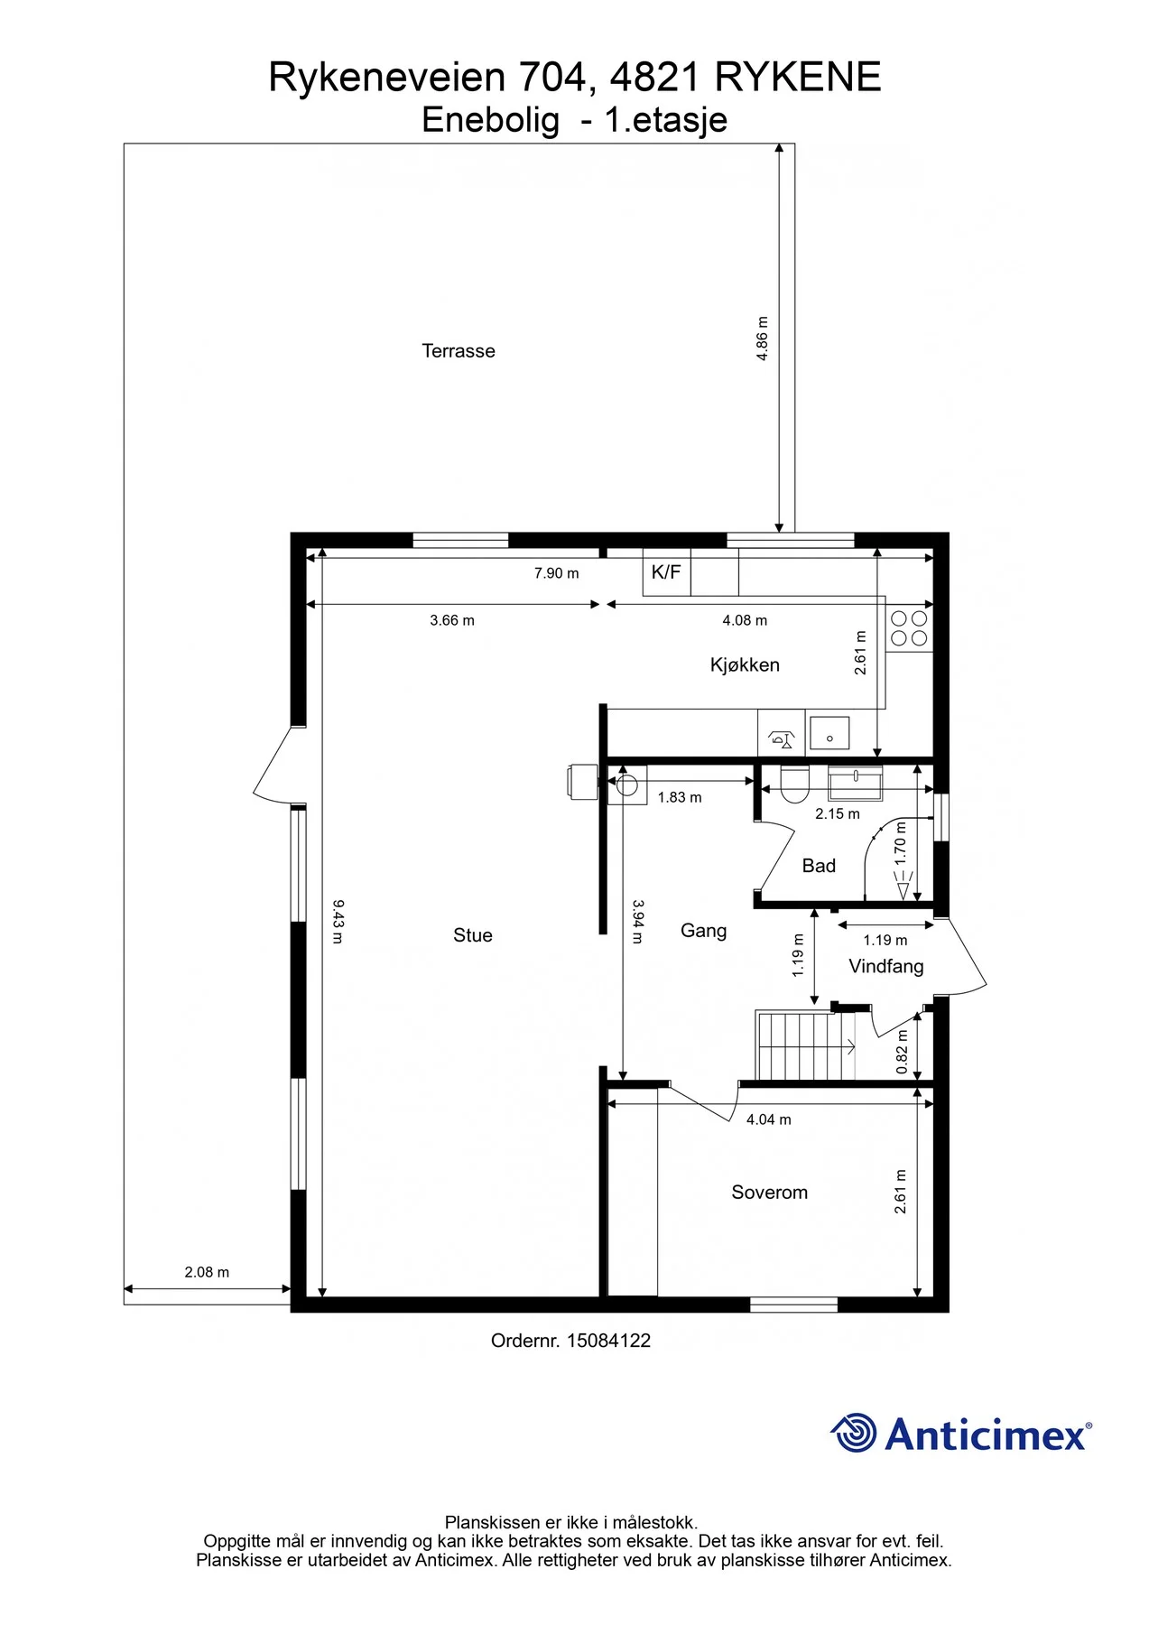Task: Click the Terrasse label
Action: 459,351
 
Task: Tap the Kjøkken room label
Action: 745,665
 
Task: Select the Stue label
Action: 473,935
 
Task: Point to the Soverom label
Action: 769,1193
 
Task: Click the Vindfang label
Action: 886,967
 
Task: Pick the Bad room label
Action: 819,866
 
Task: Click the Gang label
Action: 703,931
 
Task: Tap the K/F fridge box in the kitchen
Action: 666,572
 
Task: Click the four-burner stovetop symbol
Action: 909,628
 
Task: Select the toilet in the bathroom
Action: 794,785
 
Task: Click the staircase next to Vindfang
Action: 805,1045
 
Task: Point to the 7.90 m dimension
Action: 556,573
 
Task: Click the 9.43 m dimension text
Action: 338,921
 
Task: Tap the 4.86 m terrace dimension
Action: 762,339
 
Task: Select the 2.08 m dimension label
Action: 207,1272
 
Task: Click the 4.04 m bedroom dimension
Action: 769,1119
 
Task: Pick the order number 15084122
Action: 608,1341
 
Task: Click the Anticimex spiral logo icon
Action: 853,1433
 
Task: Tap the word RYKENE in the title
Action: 798,78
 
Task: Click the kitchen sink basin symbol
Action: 829,733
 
